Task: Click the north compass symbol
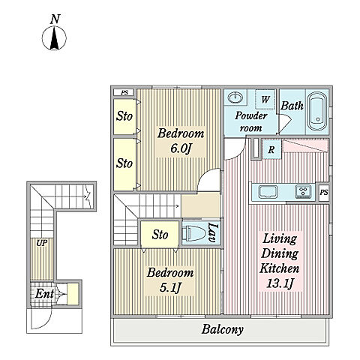(54, 38)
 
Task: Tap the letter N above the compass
(55, 19)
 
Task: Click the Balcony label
(222, 329)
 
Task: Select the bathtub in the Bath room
(317, 112)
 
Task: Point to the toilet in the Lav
(193, 233)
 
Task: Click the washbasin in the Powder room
(235, 97)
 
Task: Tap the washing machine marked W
(265, 99)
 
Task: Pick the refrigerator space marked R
(271, 149)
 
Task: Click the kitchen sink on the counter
(268, 192)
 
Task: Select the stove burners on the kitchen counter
(303, 191)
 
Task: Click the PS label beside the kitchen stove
(324, 193)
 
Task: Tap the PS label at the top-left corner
(124, 93)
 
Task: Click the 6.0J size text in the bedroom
(181, 149)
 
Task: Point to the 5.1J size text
(170, 288)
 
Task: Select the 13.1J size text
(280, 283)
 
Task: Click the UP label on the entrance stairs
(42, 243)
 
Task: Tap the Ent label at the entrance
(44, 293)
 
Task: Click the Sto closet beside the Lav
(160, 234)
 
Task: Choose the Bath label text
(292, 106)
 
